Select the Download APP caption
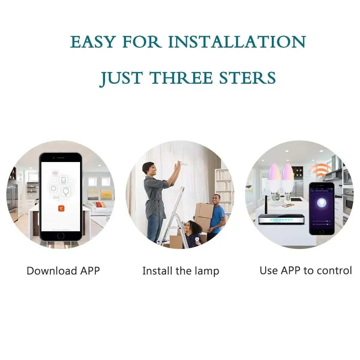pyautogui.click(x=63, y=271)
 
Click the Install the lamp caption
pyautogui.click(x=181, y=271)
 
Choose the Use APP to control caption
pyautogui.click(x=305, y=270)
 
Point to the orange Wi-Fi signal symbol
pyautogui.click(x=321, y=170)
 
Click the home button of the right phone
pyautogui.click(x=322, y=232)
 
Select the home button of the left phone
pyautogui.click(x=61, y=236)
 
